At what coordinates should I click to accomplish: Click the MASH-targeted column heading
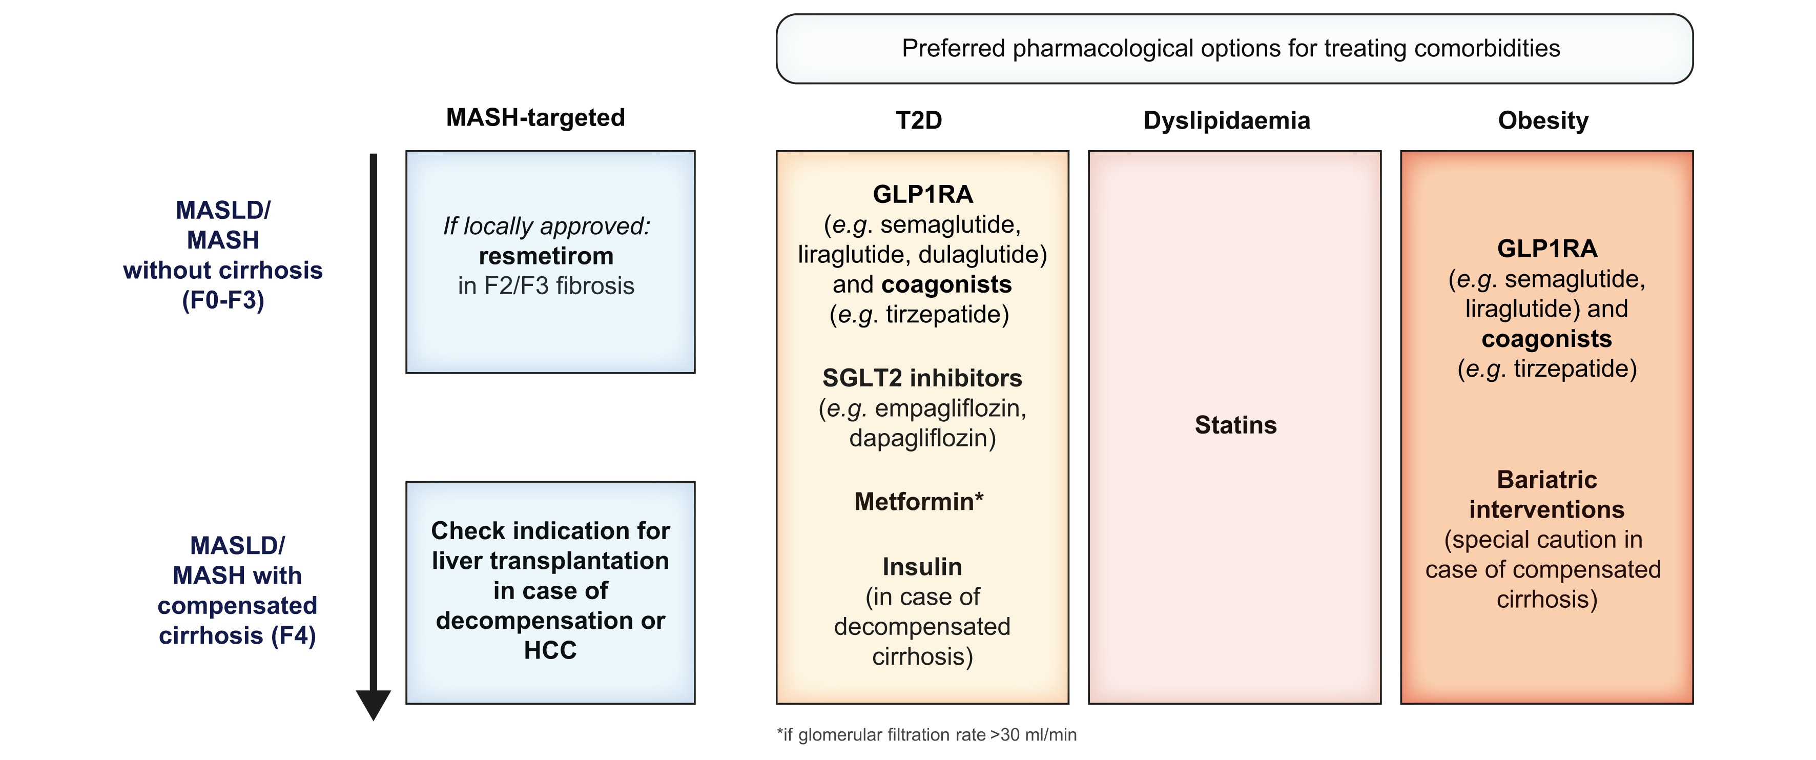pyautogui.click(x=535, y=118)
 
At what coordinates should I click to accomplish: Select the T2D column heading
pyautogui.click(x=919, y=120)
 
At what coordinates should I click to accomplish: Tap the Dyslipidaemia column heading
pyautogui.click(x=1227, y=120)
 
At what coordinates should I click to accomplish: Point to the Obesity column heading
pyautogui.click(x=1543, y=120)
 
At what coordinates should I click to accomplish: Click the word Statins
pyautogui.click(x=1235, y=425)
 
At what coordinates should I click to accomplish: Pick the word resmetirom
pyautogui.click(x=546, y=256)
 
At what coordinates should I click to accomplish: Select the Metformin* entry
pyautogui.click(x=919, y=501)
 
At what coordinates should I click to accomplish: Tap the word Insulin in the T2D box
pyautogui.click(x=922, y=567)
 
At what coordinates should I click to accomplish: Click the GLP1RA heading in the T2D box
pyautogui.click(x=923, y=194)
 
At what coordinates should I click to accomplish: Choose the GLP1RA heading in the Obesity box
pyautogui.click(x=1546, y=249)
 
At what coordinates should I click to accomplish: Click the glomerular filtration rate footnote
pyautogui.click(x=926, y=734)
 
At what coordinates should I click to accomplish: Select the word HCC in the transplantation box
pyautogui.click(x=550, y=650)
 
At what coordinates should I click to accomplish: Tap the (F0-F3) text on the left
pyautogui.click(x=223, y=300)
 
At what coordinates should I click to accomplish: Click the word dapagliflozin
pyautogui.click(x=922, y=438)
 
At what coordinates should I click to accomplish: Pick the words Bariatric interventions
pyautogui.click(x=1546, y=494)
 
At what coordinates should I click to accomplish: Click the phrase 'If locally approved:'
pyautogui.click(x=546, y=227)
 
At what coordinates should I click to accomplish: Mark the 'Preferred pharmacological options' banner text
pyautogui.click(x=1230, y=49)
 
